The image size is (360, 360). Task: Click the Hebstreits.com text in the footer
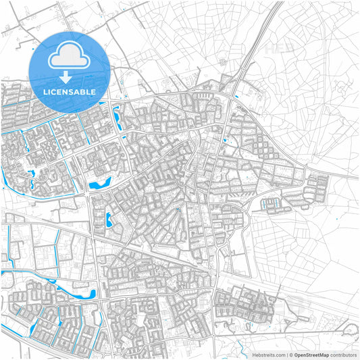tap(266, 355)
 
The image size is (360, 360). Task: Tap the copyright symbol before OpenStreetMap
tap(290, 355)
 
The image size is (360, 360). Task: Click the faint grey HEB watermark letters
tap(278, 49)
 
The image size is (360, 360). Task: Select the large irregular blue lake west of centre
tap(99, 182)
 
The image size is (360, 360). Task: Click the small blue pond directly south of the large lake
tap(109, 219)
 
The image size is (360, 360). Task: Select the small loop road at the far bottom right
tap(349, 331)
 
